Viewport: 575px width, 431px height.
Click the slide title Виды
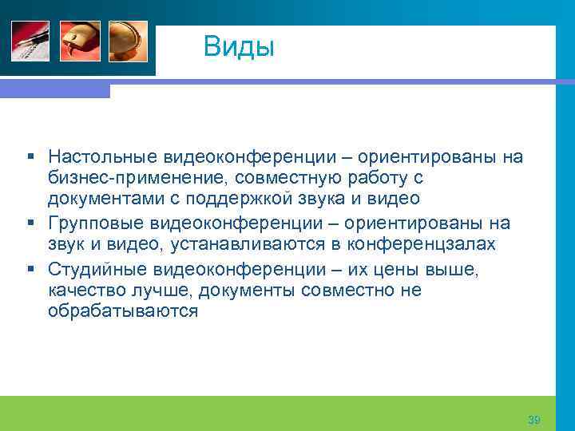pos(239,46)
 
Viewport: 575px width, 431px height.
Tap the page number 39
pos(534,420)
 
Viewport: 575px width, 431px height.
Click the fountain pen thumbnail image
pos(30,41)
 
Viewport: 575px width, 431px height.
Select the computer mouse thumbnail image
pos(80,41)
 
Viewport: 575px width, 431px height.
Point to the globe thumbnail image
pos(128,41)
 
